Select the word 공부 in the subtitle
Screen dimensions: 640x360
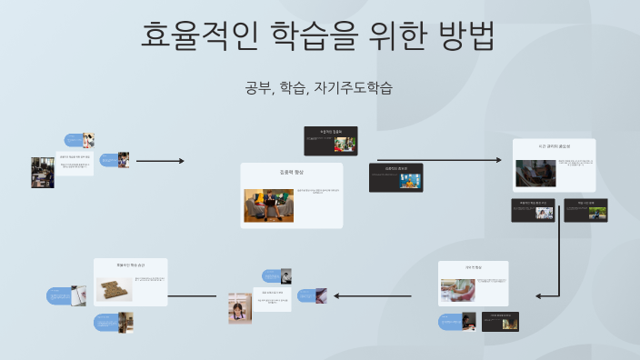[x=257, y=88]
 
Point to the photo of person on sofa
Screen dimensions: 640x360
[x=268, y=205]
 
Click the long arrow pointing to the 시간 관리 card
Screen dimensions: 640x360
[x=439, y=160]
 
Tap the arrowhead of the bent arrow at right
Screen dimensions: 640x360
[x=539, y=295]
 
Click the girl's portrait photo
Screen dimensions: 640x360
[x=240, y=308]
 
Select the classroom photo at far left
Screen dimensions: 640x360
[x=43, y=172]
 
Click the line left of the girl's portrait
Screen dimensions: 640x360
[x=192, y=296]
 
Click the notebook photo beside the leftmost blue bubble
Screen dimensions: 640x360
[x=78, y=295]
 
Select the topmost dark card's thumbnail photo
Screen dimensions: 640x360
[x=344, y=143]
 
